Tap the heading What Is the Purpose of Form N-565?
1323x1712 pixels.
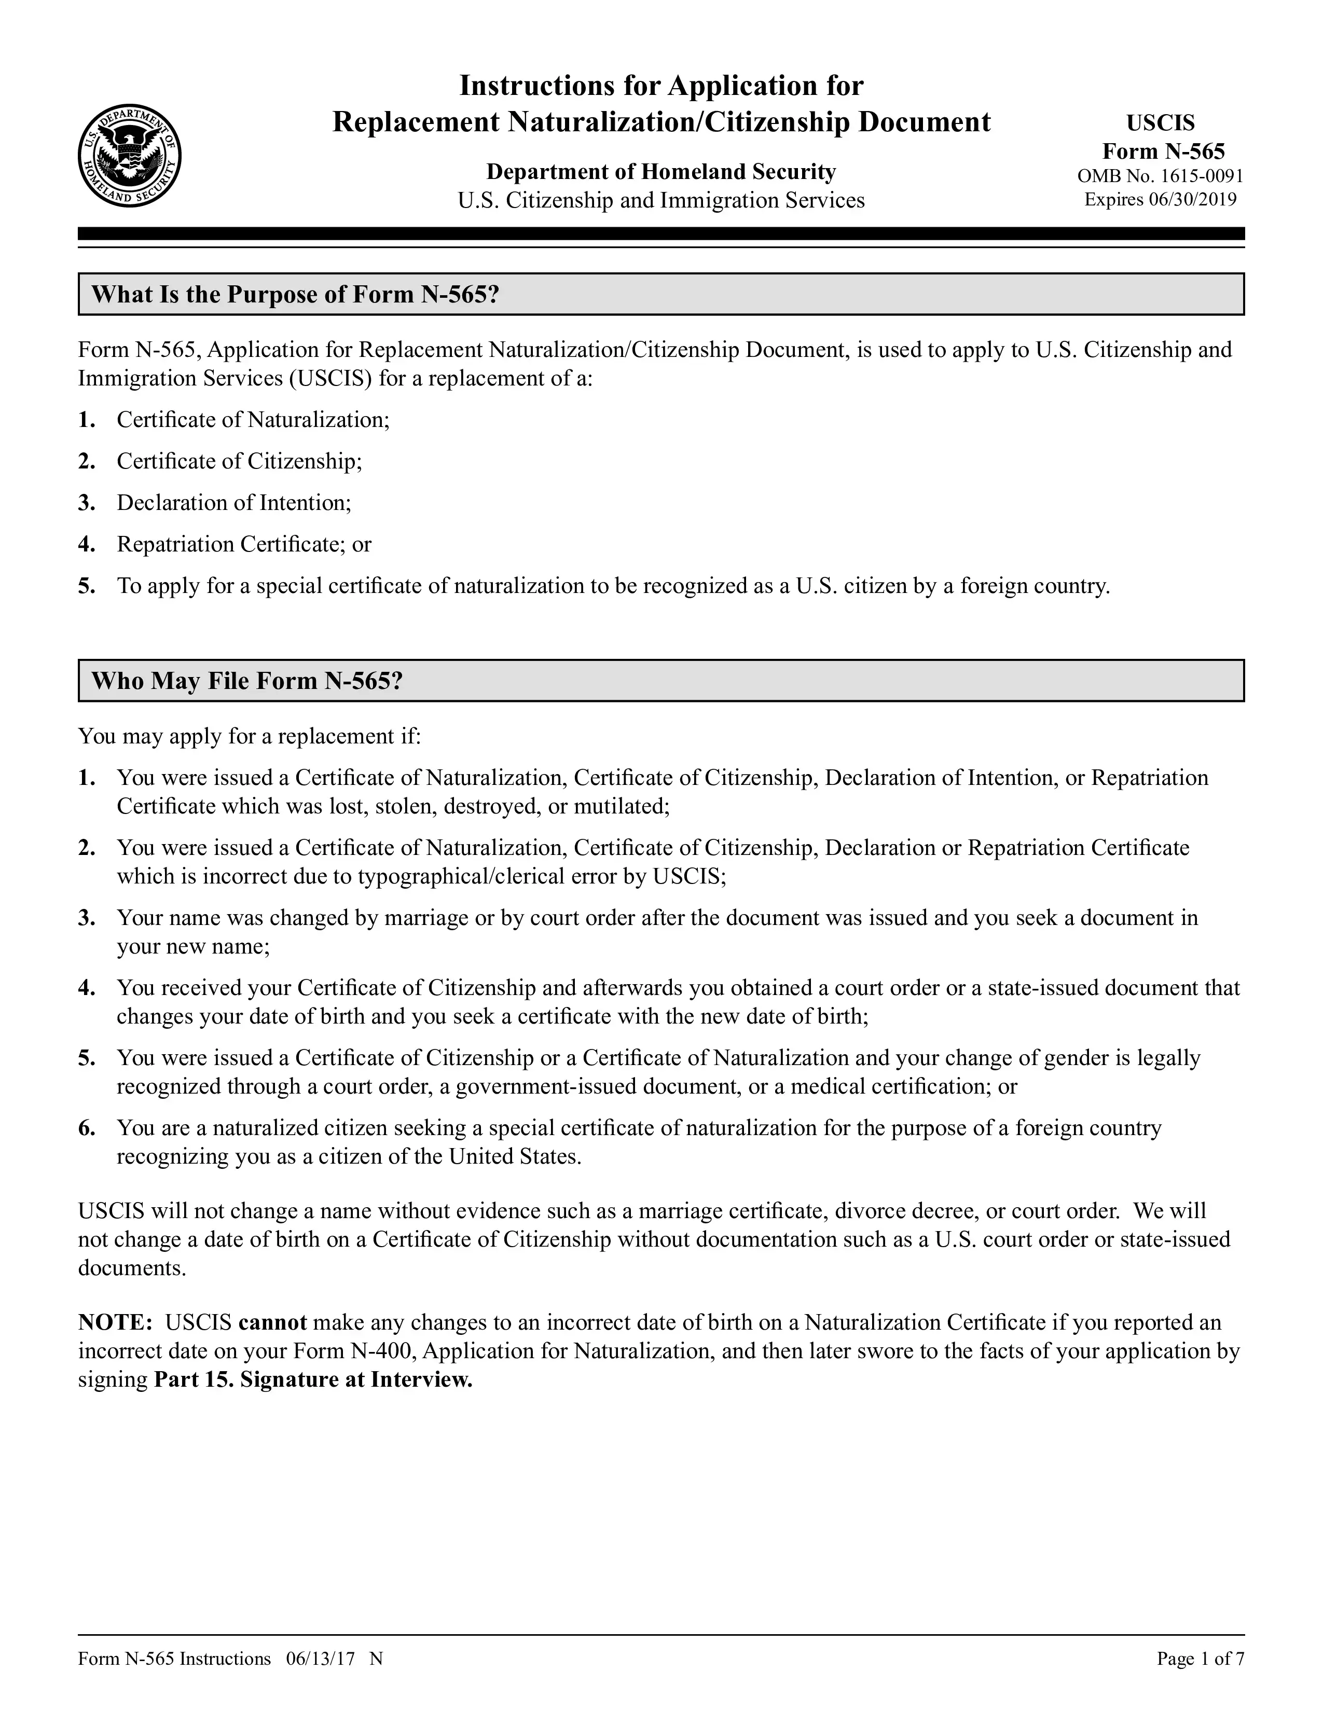point(296,294)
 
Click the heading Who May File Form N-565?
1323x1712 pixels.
point(247,681)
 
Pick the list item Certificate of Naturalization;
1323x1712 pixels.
point(252,420)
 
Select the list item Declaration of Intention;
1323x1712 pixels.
point(233,503)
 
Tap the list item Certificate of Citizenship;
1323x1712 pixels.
point(239,461)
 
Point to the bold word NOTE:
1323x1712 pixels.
point(115,1322)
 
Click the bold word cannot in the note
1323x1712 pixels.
point(272,1322)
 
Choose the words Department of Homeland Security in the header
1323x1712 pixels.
point(660,172)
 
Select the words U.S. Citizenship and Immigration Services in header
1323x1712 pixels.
point(660,201)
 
